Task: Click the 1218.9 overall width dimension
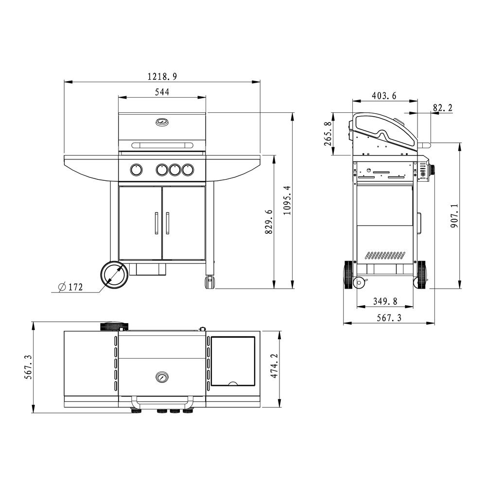point(162,76)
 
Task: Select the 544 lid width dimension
point(162,92)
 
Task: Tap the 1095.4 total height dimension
point(287,200)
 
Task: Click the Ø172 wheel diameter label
point(70,287)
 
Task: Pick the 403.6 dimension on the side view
point(384,96)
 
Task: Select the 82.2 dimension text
point(443,108)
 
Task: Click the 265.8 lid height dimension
point(328,134)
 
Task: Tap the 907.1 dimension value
point(454,216)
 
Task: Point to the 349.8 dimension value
point(385,301)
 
